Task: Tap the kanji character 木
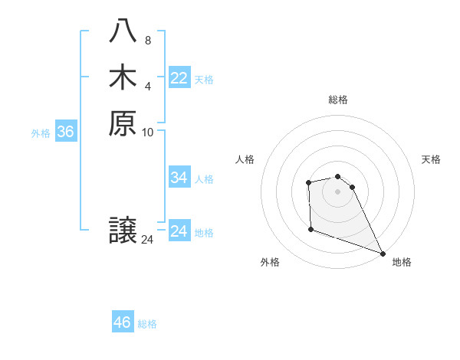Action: (123, 77)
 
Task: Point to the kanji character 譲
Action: (123, 231)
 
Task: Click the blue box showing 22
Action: (179, 78)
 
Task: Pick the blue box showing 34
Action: (179, 178)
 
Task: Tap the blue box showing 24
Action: (179, 231)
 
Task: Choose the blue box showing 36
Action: (65, 132)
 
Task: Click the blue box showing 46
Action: (123, 322)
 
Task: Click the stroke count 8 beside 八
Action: (148, 41)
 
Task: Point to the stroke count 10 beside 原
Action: (148, 132)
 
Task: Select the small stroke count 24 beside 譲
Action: (148, 240)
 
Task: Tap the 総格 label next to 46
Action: (148, 324)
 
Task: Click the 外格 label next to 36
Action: (41, 133)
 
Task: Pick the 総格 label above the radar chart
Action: (337, 100)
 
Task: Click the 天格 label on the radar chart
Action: (431, 159)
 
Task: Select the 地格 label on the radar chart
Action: (402, 263)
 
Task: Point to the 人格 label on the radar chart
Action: (245, 159)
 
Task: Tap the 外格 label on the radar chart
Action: (270, 263)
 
